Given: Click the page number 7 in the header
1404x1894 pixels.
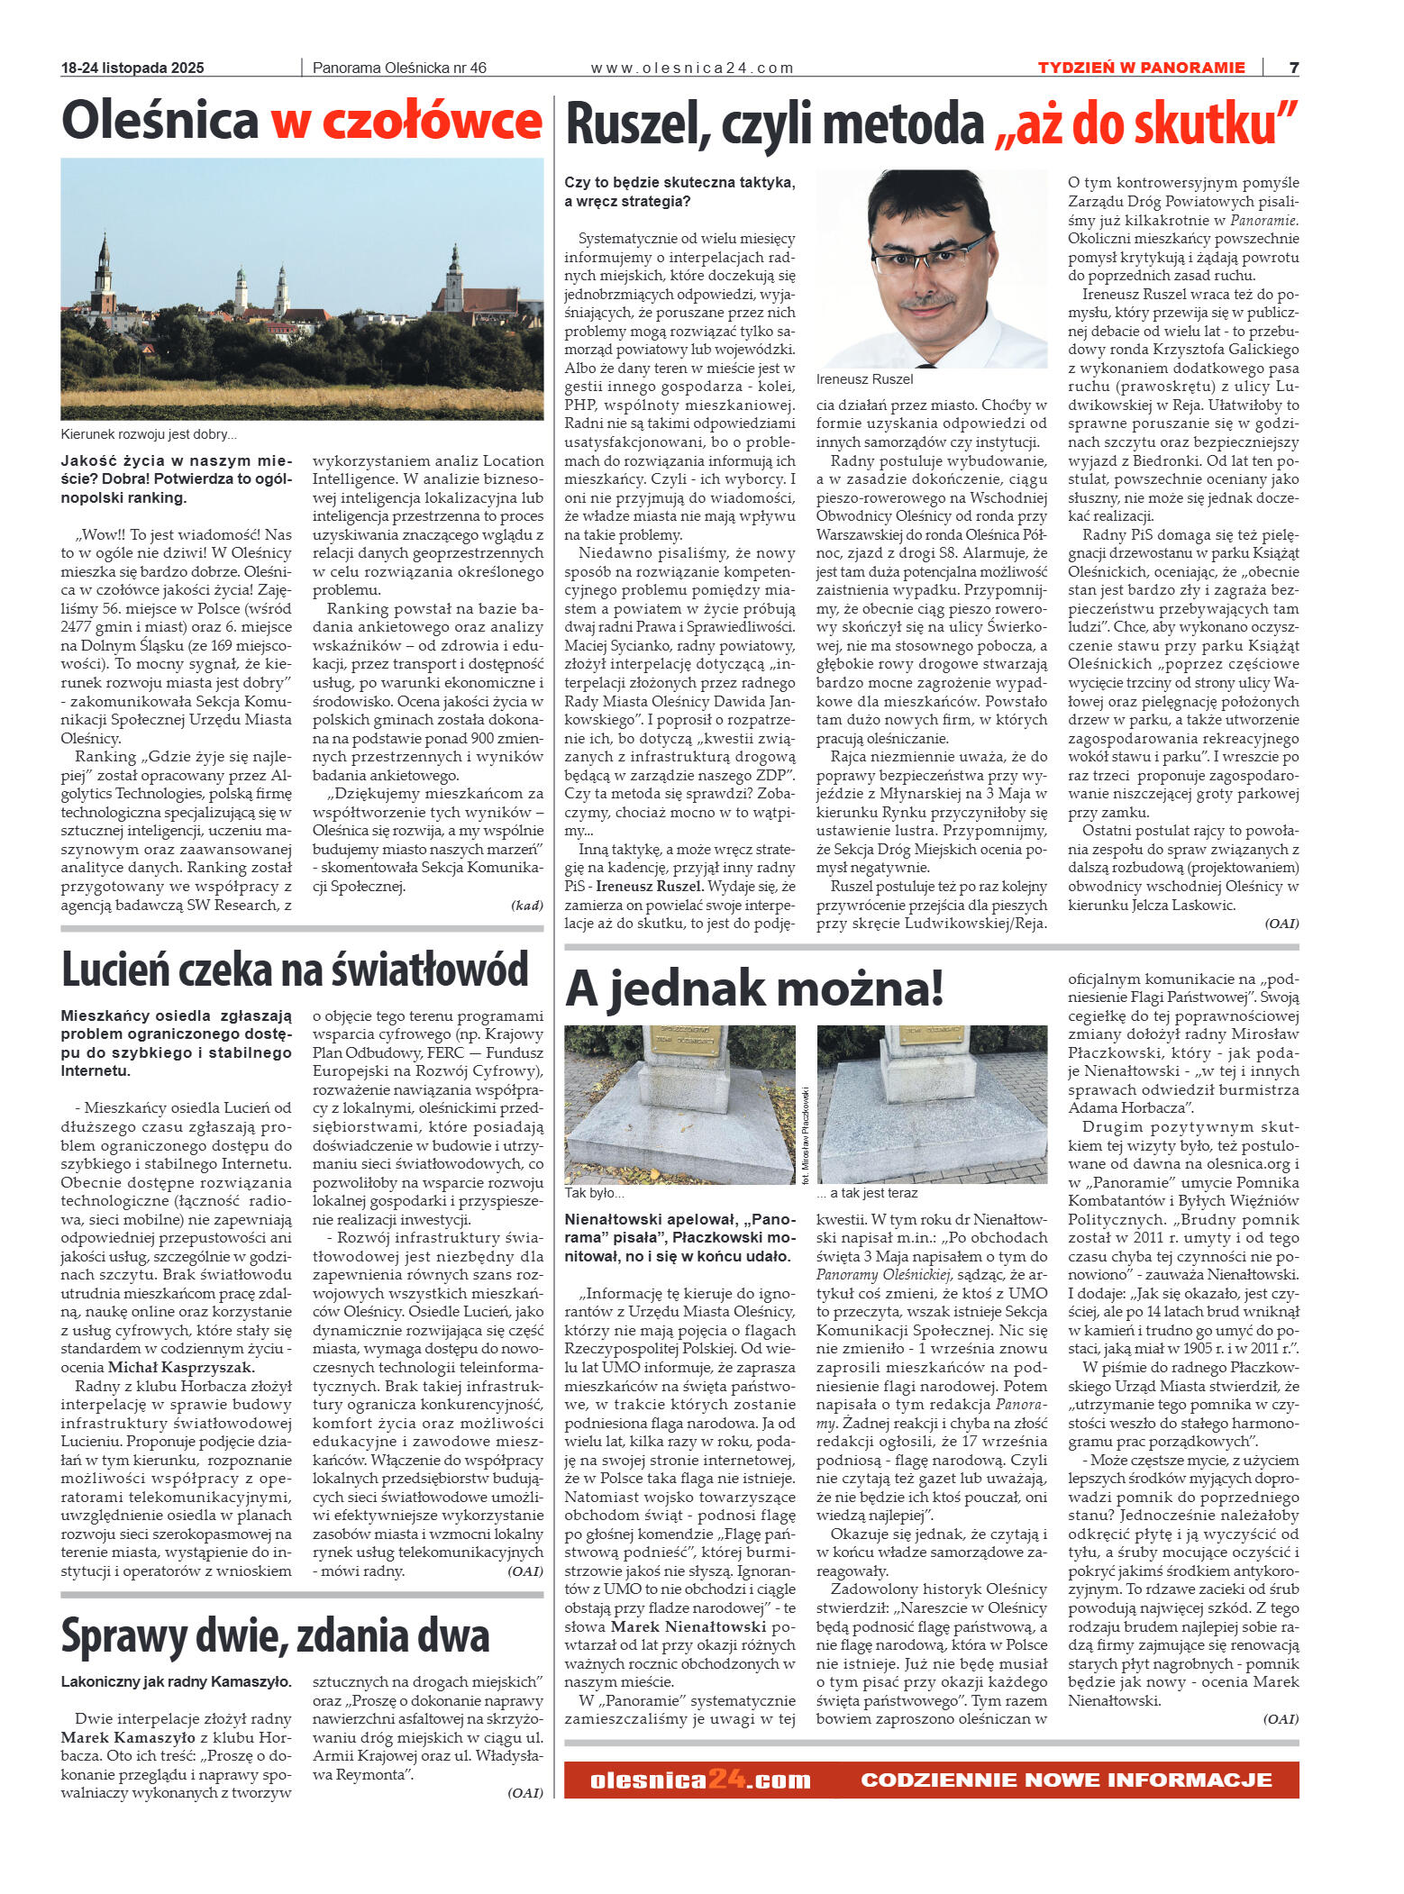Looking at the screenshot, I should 1293,68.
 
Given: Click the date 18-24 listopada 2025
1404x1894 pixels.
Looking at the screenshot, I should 132,68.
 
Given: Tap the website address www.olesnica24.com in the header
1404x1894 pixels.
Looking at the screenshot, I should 692,68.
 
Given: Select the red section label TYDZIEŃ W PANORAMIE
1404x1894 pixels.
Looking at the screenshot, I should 1141,68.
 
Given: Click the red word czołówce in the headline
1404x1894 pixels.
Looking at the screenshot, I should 406,122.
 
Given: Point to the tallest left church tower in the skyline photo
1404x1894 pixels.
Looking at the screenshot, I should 104,270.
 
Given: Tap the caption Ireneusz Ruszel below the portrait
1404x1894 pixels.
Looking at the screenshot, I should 864,379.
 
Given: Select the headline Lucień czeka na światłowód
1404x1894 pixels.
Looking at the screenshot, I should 295,970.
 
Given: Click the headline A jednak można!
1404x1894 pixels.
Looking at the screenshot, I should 754,988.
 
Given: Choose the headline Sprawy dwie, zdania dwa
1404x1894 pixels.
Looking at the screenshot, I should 275,1635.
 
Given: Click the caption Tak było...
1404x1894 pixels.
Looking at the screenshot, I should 594,1193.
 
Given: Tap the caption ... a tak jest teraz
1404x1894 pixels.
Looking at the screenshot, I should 867,1193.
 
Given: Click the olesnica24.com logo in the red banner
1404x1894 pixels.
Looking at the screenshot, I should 700,1780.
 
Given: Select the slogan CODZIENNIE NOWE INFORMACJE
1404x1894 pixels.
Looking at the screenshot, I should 1066,1780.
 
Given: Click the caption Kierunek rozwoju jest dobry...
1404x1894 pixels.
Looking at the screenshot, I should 149,434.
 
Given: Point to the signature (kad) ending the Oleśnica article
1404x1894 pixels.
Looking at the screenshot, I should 526,905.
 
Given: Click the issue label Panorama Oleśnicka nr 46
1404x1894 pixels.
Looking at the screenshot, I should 399,68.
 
